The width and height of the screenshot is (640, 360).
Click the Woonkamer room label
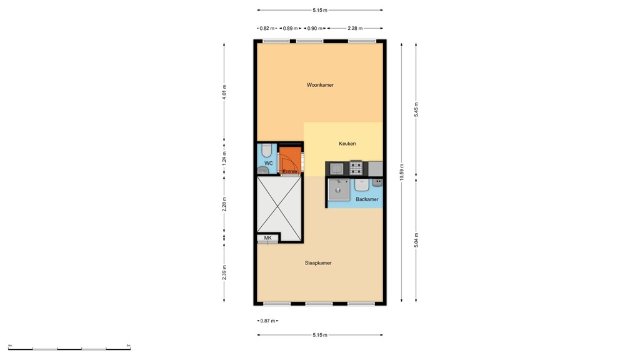pos(319,85)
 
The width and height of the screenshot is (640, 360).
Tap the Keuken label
pos(347,144)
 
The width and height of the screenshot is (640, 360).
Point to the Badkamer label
pos(367,199)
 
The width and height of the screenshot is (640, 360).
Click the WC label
pos(268,163)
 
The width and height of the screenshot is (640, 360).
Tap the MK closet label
pos(267,238)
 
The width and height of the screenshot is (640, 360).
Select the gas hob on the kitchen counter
pos(356,167)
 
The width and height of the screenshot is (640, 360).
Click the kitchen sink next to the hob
pos(336,167)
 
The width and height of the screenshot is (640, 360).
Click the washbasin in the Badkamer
pos(362,185)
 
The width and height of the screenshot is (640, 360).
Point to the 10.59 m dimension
pos(402,171)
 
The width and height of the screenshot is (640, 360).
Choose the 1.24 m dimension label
pos(224,159)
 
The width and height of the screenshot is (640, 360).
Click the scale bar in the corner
pos(69,347)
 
